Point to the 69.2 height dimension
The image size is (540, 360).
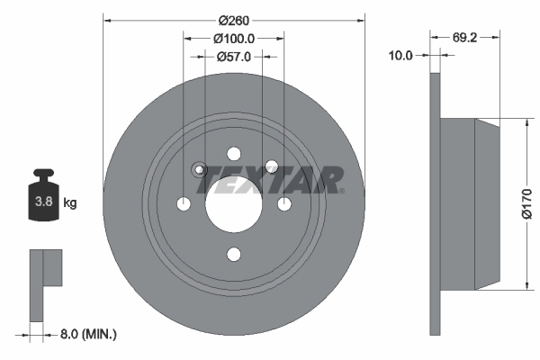point(464,39)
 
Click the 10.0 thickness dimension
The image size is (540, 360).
point(400,56)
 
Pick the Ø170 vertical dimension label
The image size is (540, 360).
point(527,204)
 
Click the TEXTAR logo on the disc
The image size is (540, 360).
point(271,181)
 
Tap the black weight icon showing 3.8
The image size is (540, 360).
point(42,198)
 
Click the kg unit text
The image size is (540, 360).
point(70,203)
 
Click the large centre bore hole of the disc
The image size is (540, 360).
point(234,204)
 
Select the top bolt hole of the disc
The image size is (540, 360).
point(234,154)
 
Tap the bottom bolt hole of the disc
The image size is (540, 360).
point(234,255)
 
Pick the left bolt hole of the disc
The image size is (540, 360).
point(184,204)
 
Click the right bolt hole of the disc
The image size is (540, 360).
point(284,204)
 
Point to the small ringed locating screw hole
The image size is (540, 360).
point(200,169)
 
